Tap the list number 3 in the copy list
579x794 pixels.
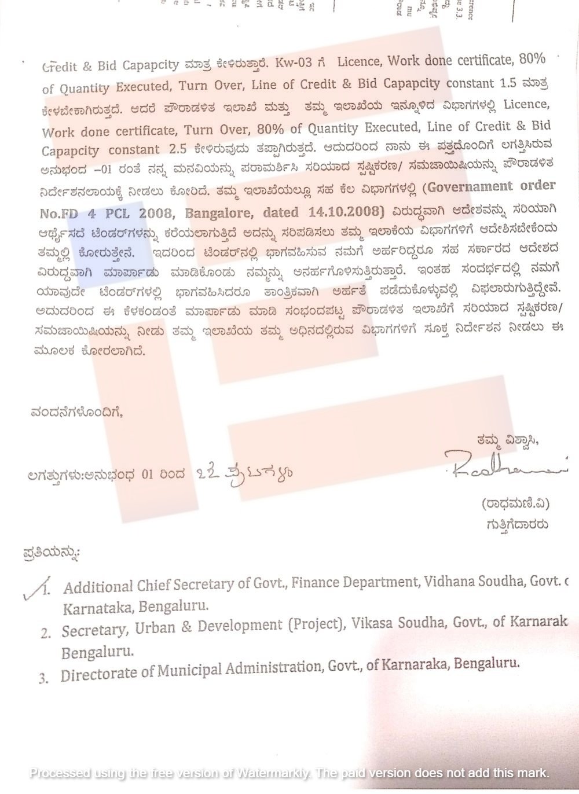click(x=43, y=678)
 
